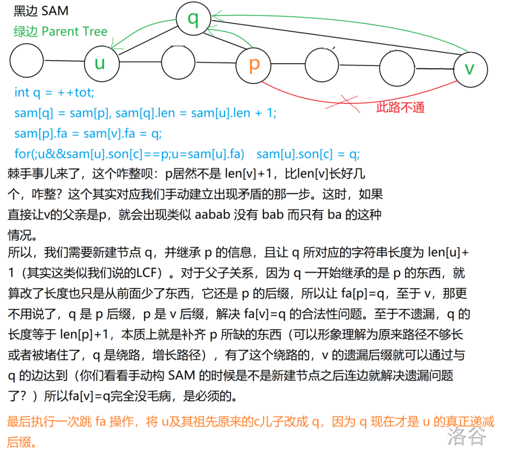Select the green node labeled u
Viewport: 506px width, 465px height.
click(101, 63)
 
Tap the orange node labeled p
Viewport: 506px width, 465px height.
click(254, 64)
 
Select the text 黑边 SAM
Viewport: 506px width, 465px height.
click(41, 11)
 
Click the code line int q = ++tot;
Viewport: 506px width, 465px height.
click(55, 93)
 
